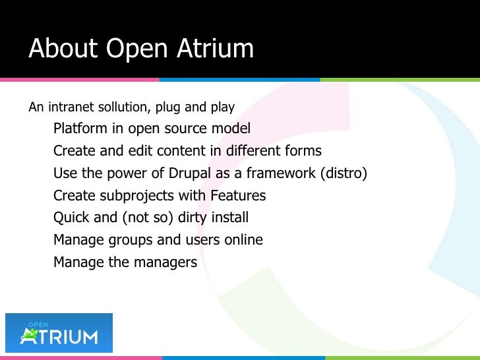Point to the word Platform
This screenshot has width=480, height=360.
[80, 128]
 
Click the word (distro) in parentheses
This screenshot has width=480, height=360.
[343, 173]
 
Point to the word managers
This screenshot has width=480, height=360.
[165, 262]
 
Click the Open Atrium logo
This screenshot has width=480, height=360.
[59, 333]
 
